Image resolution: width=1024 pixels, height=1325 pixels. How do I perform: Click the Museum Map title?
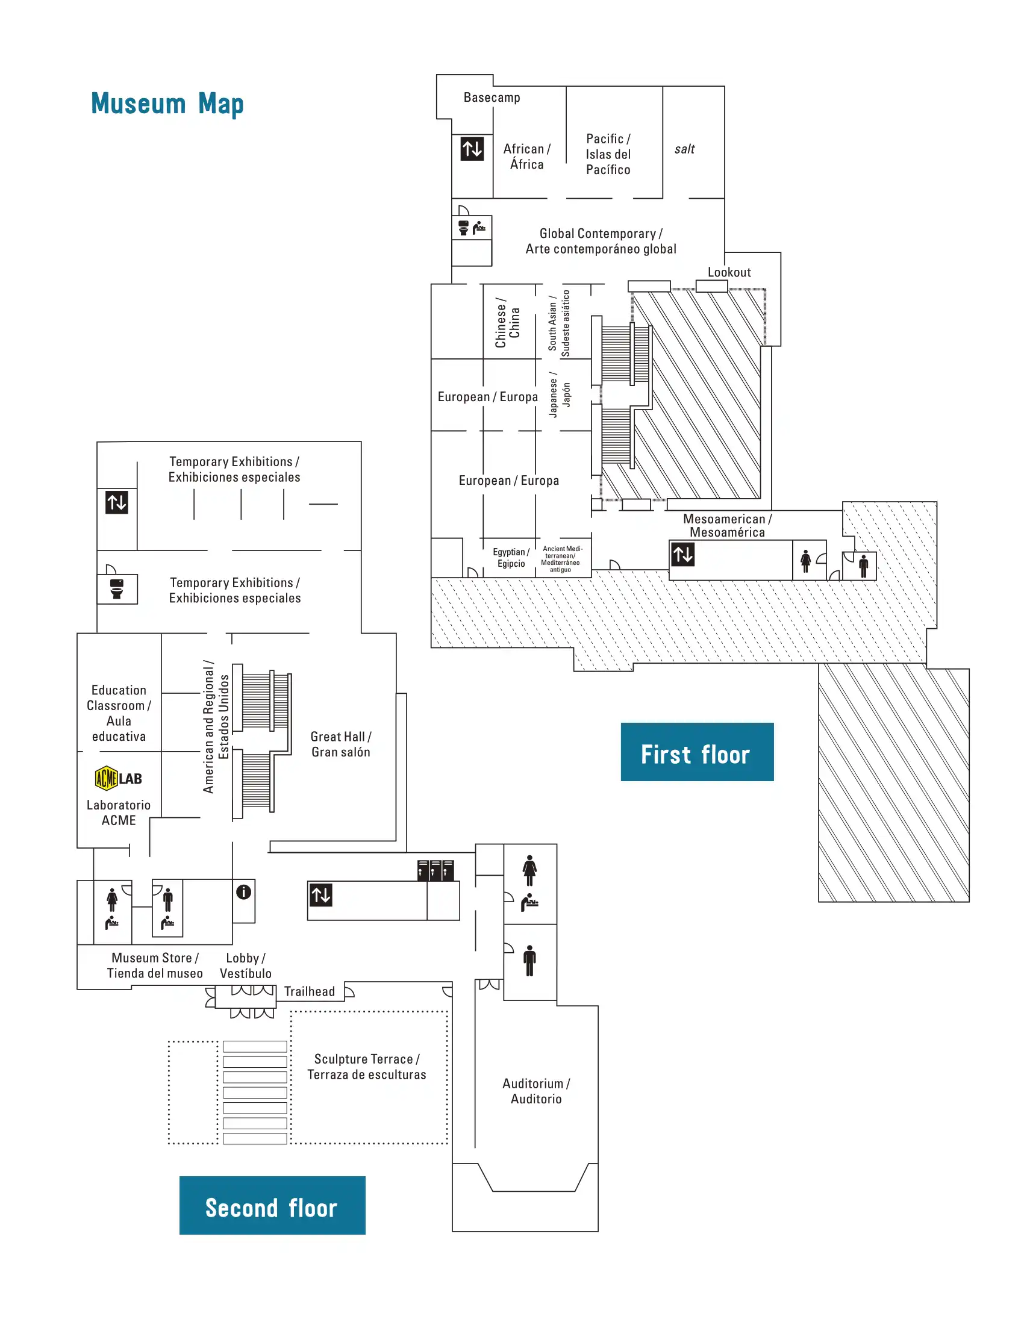click(x=167, y=104)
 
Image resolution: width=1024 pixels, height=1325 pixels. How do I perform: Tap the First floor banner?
click(x=696, y=752)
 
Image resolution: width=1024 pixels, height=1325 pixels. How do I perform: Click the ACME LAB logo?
click(x=118, y=778)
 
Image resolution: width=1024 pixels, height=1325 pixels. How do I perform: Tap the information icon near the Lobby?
click(x=244, y=891)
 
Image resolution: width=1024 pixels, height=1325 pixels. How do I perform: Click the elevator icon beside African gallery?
click(x=472, y=149)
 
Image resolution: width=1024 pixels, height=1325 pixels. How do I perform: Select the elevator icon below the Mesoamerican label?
click(x=682, y=554)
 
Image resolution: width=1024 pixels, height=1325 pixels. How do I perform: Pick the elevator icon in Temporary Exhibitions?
click(x=117, y=502)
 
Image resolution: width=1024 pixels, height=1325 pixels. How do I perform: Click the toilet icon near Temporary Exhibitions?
click(x=117, y=588)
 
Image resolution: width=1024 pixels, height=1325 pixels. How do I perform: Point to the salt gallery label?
click(x=684, y=149)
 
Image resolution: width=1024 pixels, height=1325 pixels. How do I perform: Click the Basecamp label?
click(x=492, y=98)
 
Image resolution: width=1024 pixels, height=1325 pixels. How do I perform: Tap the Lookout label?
click(x=729, y=272)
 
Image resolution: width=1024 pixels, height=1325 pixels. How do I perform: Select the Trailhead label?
click(x=310, y=991)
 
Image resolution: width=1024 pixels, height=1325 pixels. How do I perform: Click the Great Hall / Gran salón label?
click(x=340, y=744)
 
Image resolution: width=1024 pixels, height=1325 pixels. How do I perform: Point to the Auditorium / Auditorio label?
click(x=535, y=1091)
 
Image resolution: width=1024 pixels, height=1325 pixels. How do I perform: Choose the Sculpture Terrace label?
click(x=366, y=1067)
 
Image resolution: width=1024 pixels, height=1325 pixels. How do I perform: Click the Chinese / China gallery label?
click(x=507, y=322)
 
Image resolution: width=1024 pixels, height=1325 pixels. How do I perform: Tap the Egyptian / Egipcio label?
click(x=511, y=558)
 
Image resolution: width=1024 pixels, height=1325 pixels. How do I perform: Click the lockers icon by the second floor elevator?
click(x=436, y=870)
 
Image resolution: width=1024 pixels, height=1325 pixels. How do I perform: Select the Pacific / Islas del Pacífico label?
click(x=608, y=154)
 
